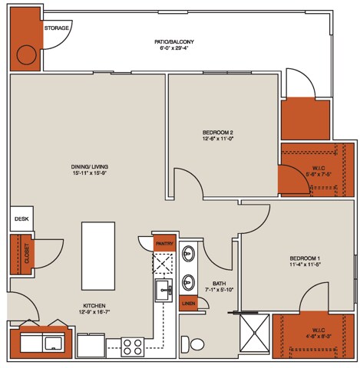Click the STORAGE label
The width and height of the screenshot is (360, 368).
(x=57, y=28)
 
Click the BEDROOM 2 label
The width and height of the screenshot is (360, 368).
(x=217, y=132)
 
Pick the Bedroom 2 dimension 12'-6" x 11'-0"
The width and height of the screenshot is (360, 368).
(x=217, y=140)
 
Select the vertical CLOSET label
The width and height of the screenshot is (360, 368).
(x=27, y=254)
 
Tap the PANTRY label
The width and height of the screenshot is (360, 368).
(x=165, y=244)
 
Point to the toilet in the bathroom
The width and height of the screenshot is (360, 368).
(x=196, y=345)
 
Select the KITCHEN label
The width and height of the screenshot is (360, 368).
(x=94, y=305)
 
